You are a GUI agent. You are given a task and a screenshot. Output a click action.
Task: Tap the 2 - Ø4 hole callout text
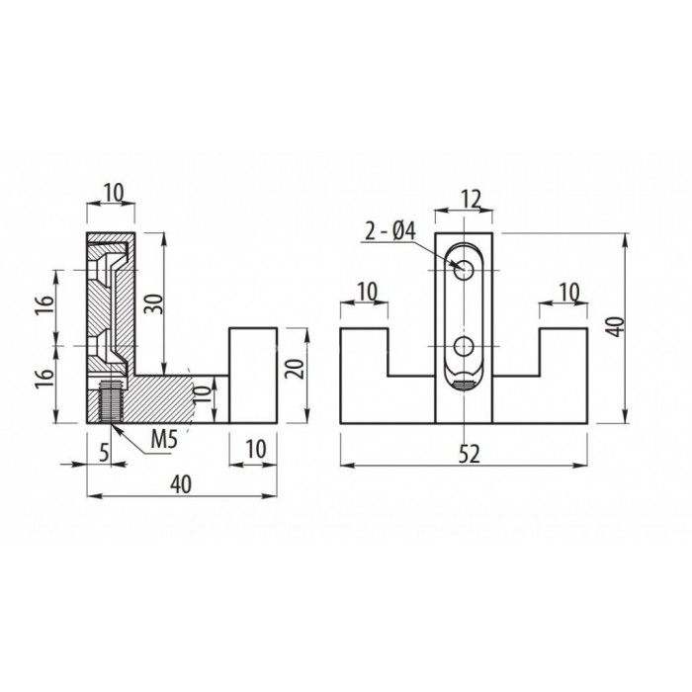(390, 232)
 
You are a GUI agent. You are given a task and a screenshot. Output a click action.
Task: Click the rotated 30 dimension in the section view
(150, 303)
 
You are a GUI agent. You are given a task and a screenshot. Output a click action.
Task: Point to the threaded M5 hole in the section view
(111, 400)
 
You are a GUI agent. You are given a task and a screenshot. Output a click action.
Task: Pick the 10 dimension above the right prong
(566, 292)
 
